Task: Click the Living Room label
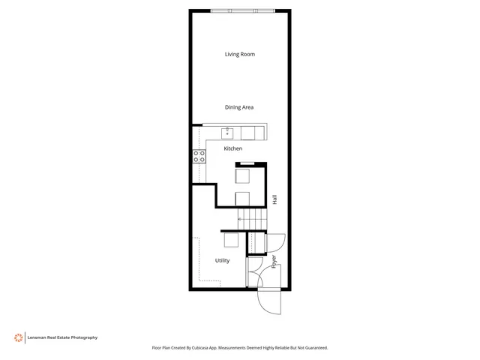click(x=240, y=54)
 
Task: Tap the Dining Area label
click(x=239, y=107)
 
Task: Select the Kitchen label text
click(x=232, y=148)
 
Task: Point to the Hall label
click(x=274, y=200)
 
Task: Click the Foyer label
click(x=274, y=262)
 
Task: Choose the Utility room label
click(x=222, y=260)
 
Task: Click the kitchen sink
click(x=228, y=133)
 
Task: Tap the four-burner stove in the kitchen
click(x=199, y=157)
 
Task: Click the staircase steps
click(x=251, y=217)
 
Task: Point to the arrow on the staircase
click(x=241, y=218)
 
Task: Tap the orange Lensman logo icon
click(x=17, y=337)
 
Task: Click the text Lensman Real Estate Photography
click(x=63, y=337)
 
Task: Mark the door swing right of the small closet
click(x=276, y=244)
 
